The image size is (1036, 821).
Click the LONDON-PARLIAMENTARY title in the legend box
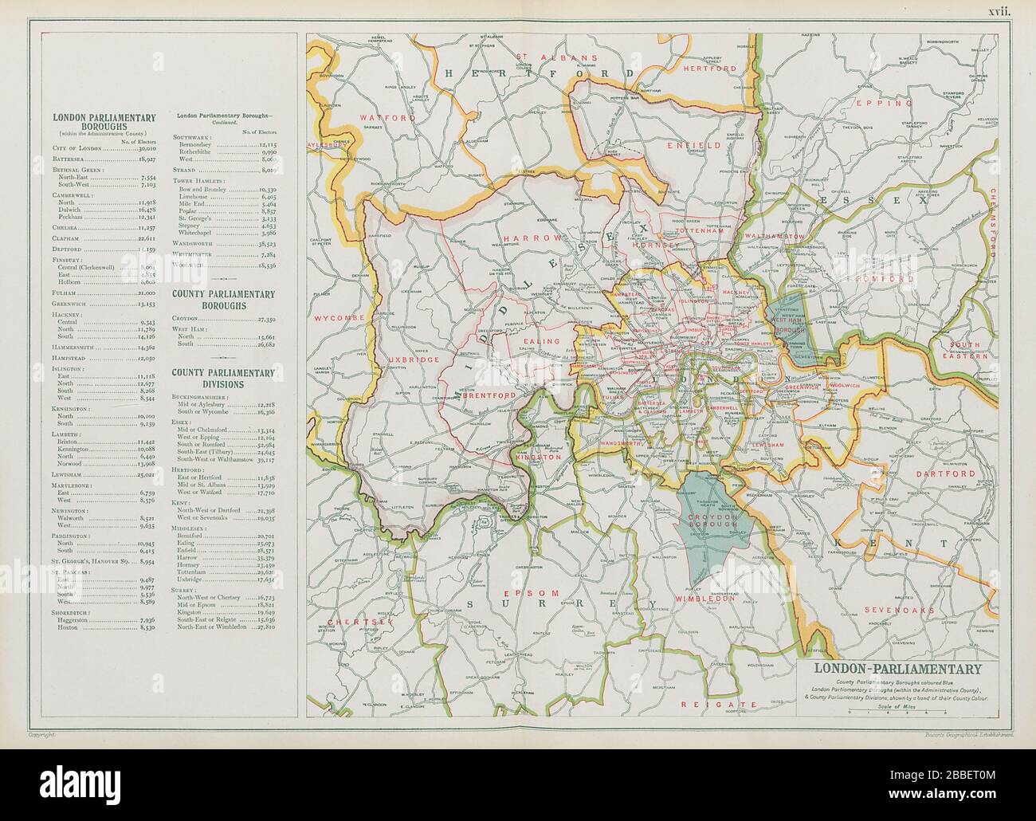coord(897,669)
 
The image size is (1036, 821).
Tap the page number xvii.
coord(999,11)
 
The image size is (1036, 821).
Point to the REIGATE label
coord(716,705)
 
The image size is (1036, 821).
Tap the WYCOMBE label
coord(339,317)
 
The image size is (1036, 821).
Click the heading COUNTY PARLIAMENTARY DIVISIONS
coord(224,378)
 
